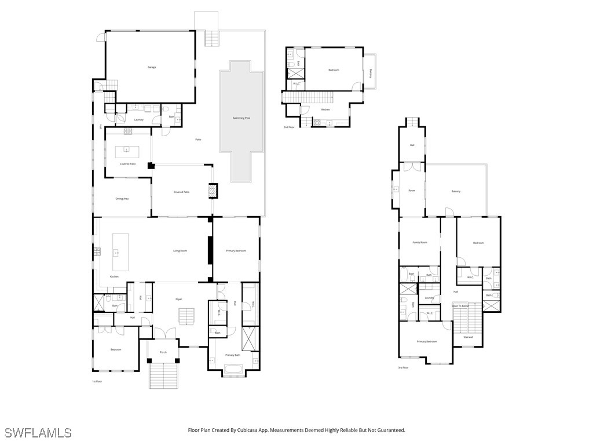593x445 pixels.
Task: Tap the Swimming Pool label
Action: pyautogui.click(x=241, y=118)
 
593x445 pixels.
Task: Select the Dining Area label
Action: pyautogui.click(x=122, y=199)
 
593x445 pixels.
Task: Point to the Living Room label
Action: pyautogui.click(x=180, y=251)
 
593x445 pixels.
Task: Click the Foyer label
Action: pyautogui.click(x=179, y=299)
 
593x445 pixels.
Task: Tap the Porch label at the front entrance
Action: pyautogui.click(x=163, y=352)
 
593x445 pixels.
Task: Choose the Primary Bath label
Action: pyautogui.click(x=233, y=355)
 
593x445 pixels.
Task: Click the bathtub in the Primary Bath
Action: pyautogui.click(x=233, y=369)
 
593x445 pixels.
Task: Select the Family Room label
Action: pyautogui.click(x=419, y=242)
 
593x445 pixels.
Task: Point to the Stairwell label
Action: pyautogui.click(x=468, y=337)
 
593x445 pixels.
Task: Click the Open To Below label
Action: pyautogui.click(x=460, y=305)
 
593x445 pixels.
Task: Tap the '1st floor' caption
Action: pyautogui.click(x=97, y=381)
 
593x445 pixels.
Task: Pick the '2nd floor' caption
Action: pyautogui.click(x=288, y=127)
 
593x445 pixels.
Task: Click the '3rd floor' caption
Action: pyautogui.click(x=403, y=367)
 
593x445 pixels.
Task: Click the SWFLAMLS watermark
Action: pyautogui.click(x=38, y=432)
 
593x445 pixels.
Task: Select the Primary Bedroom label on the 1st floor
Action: pyautogui.click(x=236, y=251)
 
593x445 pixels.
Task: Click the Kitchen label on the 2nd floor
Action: pyautogui.click(x=325, y=110)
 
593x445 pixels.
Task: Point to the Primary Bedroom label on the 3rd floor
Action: pyautogui.click(x=427, y=341)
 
